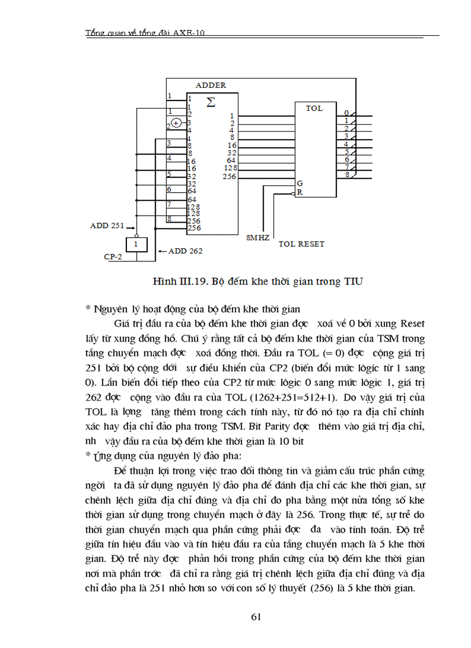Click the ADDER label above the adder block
(x=211, y=85)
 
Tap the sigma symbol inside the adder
(x=211, y=102)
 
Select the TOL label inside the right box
(x=314, y=108)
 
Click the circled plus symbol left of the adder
(x=177, y=123)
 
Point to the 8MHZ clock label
(x=258, y=238)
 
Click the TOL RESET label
(x=301, y=244)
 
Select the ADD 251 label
(x=107, y=226)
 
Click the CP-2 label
(x=114, y=257)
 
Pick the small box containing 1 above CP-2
(x=136, y=245)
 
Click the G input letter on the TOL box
(x=300, y=183)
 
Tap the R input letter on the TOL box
(x=300, y=192)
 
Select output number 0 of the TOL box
(x=346, y=113)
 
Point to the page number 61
(x=257, y=617)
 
